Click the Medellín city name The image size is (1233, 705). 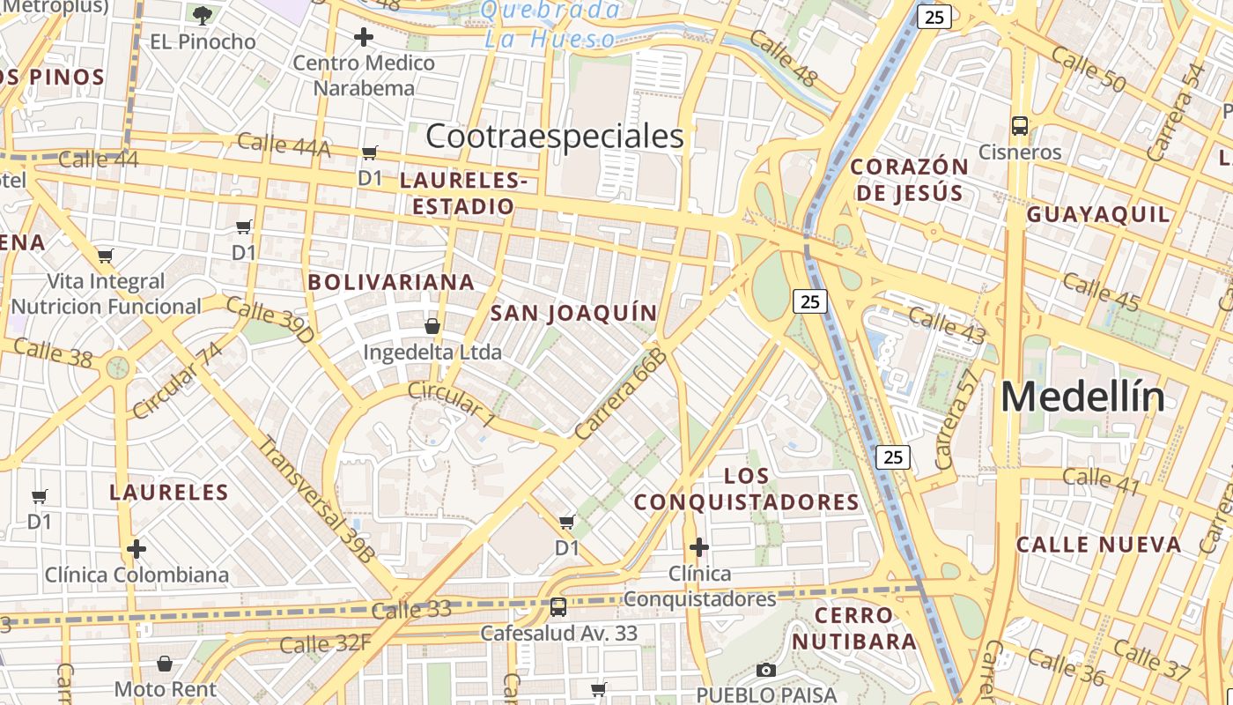(1082, 397)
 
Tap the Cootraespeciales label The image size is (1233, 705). (554, 137)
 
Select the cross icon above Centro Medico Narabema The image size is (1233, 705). (363, 37)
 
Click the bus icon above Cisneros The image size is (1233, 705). (1020, 126)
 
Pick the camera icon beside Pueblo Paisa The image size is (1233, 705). (766, 670)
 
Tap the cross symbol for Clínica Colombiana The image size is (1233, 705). (137, 549)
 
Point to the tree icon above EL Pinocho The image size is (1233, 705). (203, 15)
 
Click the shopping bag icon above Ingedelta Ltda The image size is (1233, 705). (432, 326)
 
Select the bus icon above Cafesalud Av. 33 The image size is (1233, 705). (557, 606)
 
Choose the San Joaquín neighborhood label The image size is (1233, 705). (573, 313)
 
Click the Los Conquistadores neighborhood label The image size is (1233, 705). (747, 489)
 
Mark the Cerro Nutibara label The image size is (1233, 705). (853, 627)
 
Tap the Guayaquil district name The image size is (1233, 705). (1098, 214)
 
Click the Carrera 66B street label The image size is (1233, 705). (621, 393)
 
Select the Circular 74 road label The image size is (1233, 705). (178, 380)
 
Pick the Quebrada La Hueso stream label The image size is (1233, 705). (551, 24)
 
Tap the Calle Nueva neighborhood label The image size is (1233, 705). (1099, 544)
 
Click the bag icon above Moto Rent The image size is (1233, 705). (165, 663)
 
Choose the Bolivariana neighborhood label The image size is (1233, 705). (391, 282)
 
